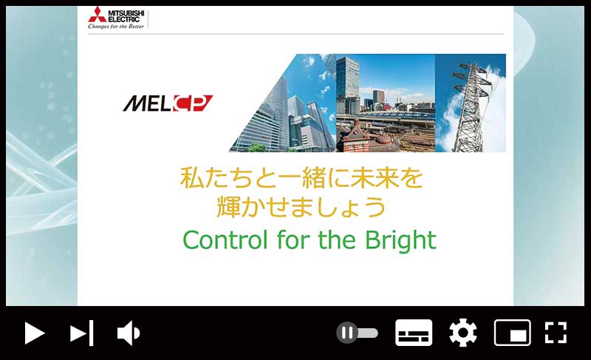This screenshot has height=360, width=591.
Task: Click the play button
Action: point(35,333)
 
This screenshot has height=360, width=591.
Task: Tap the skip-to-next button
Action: point(82,333)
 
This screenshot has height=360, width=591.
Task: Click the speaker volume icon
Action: point(128,333)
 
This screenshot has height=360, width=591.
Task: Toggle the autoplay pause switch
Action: point(357,333)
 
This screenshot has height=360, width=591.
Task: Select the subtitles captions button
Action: point(414,333)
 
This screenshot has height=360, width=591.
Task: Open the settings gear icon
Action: point(463,333)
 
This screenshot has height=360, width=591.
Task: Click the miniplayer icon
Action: point(512,333)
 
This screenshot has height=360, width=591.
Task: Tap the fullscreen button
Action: point(556,333)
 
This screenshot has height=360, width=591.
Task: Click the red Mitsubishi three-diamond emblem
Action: point(97,14)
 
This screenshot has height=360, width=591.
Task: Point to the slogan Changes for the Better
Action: point(116,27)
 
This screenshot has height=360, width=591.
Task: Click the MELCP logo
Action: point(168,103)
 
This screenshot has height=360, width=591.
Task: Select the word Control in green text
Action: point(225,240)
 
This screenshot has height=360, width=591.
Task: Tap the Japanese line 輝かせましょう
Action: point(301,207)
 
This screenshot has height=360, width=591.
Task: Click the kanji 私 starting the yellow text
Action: point(192,178)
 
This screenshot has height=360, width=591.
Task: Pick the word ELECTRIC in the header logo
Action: point(123,19)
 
